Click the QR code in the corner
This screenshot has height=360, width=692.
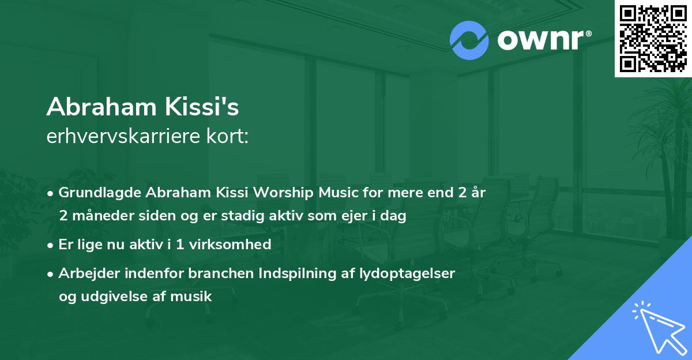tap(653, 38)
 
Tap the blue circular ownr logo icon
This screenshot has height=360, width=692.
tap(469, 40)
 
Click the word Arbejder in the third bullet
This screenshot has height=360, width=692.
tap(85, 273)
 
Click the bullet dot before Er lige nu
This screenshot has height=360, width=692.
tap(51, 245)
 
